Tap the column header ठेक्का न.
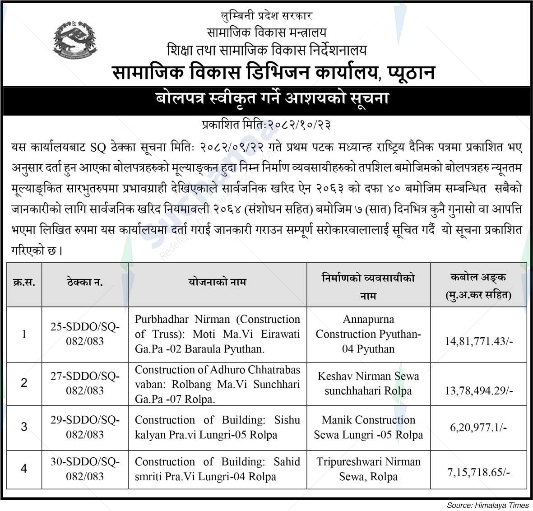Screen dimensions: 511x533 click(85, 283)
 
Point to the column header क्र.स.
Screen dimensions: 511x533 click(24, 283)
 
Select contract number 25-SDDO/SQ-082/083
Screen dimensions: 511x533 click(85, 334)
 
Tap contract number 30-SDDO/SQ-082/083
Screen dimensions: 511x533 click(85, 469)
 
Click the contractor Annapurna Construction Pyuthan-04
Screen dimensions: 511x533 click(368, 334)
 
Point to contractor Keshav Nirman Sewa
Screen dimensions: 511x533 click(368, 383)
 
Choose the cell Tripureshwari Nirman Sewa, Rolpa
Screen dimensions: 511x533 click(368, 469)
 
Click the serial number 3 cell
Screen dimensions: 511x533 click(24, 427)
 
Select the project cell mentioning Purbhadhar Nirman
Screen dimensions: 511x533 click(217, 334)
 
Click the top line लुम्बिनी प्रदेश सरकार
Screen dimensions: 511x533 click(267, 16)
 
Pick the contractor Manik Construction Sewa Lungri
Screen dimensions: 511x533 click(368, 427)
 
